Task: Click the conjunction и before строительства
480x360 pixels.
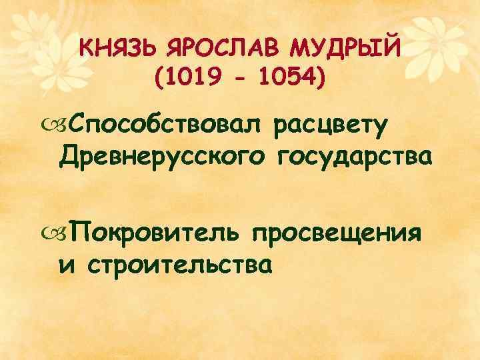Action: (65, 265)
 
